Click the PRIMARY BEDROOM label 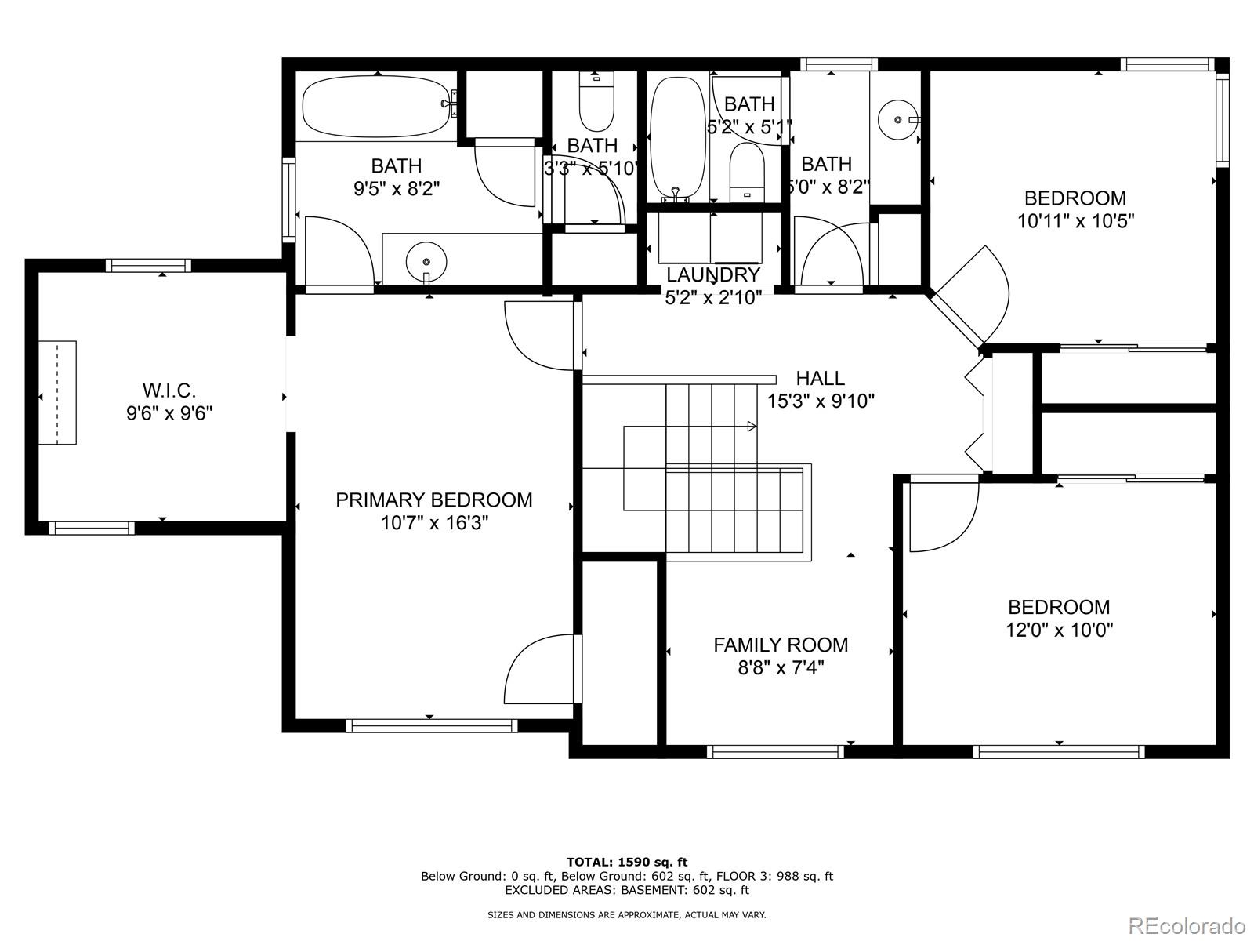(x=433, y=500)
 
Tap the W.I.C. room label (x=169, y=390)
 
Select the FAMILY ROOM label (x=780, y=645)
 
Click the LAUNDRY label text (x=713, y=275)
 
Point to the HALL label (x=820, y=379)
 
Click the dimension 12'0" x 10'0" (x=1059, y=630)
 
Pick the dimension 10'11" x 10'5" (x=1075, y=221)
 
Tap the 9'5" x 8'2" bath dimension (x=397, y=189)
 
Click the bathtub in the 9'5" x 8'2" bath (x=377, y=106)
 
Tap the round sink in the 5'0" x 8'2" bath (x=896, y=120)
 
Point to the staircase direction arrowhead (x=752, y=427)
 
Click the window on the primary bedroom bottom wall (x=431, y=726)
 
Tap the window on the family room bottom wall (x=775, y=752)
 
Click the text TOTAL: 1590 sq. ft (x=626, y=863)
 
